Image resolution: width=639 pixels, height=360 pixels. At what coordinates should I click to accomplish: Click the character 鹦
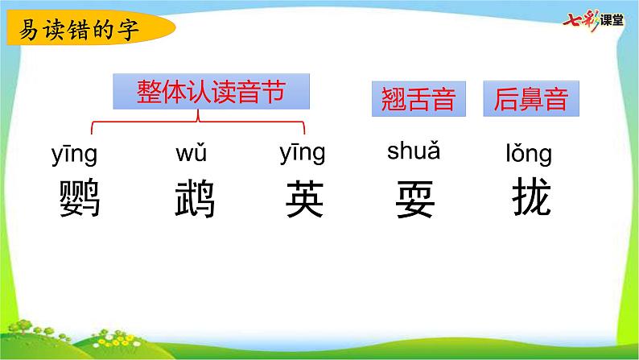[x=80, y=198]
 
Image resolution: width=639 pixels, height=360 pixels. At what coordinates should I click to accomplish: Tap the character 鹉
[x=195, y=198]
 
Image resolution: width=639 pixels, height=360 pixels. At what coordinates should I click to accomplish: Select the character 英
[x=305, y=199]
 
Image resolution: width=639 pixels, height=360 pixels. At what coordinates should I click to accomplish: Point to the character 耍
[x=415, y=199]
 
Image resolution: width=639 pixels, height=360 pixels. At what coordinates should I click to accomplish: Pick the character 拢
[x=532, y=197]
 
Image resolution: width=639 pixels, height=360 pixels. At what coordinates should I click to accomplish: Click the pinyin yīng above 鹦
[x=74, y=154]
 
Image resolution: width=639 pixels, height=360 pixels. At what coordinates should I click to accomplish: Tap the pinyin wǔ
[x=191, y=151]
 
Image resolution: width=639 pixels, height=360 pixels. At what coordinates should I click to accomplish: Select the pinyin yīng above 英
[x=303, y=152]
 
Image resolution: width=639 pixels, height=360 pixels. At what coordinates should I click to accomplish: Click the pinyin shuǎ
[x=414, y=150]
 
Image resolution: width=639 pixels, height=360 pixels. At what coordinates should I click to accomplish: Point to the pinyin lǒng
[x=529, y=153]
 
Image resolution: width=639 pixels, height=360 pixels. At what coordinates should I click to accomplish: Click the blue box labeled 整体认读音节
[x=211, y=91]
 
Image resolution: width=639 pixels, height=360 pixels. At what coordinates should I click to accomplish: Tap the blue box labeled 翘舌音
[x=418, y=99]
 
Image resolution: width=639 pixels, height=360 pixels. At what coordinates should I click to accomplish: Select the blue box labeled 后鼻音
[x=531, y=99]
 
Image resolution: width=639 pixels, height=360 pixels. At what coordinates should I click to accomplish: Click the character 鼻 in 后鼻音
[x=531, y=99]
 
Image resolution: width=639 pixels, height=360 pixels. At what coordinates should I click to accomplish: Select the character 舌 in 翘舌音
[x=418, y=99]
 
